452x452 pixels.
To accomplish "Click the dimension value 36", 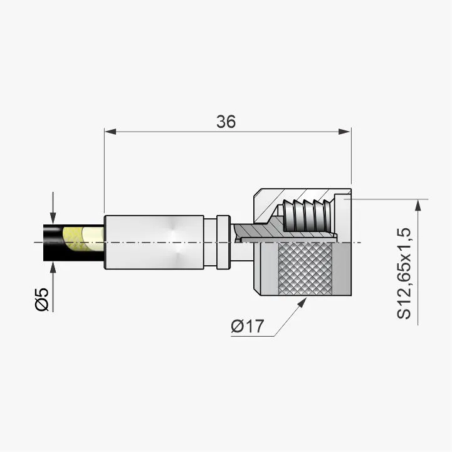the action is (226, 122).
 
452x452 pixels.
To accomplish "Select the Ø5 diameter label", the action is (42, 300).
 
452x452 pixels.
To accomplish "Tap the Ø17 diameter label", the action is (248, 326).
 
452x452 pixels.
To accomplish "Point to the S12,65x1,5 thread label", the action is (404, 273).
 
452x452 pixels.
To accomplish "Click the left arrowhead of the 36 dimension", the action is (110, 132).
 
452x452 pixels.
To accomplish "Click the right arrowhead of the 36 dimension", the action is (344, 132).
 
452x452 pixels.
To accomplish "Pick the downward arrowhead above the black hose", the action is (53, 218).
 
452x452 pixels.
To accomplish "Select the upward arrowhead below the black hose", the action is (53, 268).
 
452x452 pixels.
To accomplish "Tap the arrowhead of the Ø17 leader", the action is (302, 302).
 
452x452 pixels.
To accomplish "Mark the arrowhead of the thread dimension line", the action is (418, 205).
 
